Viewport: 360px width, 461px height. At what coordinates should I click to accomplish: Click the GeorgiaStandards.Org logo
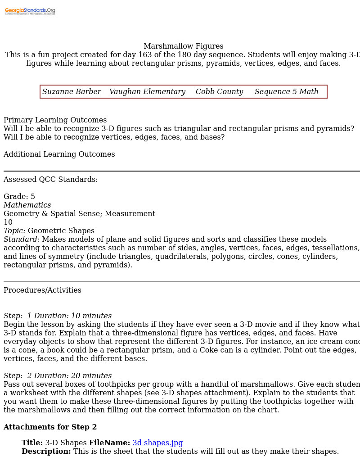pyautogui.click(x=30, y=11)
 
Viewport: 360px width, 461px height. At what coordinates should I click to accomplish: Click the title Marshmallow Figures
pyautogui.click(x=183, y=46)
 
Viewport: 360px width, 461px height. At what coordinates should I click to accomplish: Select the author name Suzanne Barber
pyautogui.click(x=72, y=92)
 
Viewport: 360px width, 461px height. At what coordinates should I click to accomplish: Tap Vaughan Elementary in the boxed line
pyautogui.click(x=147, y=92)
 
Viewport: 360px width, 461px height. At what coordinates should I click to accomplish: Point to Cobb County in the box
pyautogui.click(x=219, y=92)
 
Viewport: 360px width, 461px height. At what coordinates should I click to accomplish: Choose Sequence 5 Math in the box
pyautogui.click(x=286, y=92)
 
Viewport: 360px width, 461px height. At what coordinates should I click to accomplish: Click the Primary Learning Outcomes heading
pyautogui.click(x=55, y=120)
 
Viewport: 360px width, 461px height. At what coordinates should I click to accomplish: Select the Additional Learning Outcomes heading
pyautogui.click(x=59, y=154)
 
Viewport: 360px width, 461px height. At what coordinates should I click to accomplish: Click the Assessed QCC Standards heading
pyautogui.click(x=50, y=180)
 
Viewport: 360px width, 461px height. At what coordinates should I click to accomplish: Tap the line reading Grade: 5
pyautogui.click(x=19, y=197)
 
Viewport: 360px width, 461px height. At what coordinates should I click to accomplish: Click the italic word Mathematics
pyautogui.click(x=27, y=205)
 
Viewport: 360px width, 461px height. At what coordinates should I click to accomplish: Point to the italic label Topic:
pyautogui.click(x=14, y=231)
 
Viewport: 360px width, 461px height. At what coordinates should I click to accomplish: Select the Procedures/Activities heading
pyautogui.click(x=42, y=290)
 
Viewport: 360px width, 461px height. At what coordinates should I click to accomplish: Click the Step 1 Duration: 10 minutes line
pyautogui.click(x=58, y=316)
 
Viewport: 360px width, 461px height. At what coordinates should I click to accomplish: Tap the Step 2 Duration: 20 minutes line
pyautogui.click(x=58, y=376)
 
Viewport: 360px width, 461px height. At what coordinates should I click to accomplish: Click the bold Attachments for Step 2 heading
pyautogui.click(x=50, y=427)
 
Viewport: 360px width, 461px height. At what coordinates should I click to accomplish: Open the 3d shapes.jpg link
pyautogui.click(x=157, y=443)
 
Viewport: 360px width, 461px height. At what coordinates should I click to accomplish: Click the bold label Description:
pyautogui.click(x=46, y=452)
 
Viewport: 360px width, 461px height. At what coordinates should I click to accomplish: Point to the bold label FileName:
pyautogui.click(x=109, y=443)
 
